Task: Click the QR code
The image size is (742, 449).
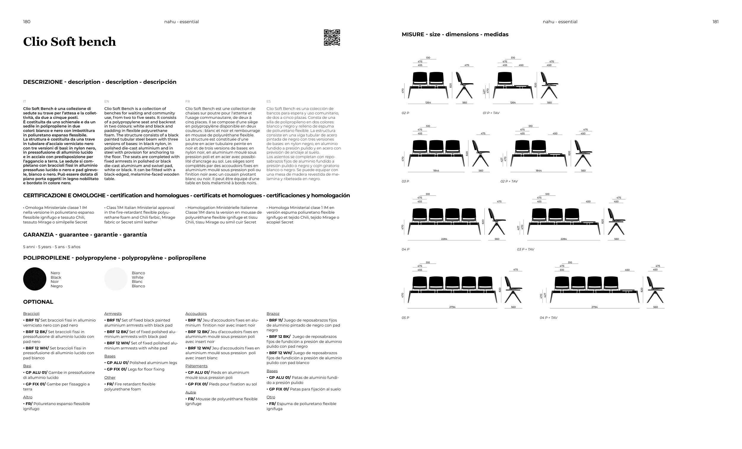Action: [332, 37]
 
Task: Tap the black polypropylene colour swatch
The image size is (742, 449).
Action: [35, 279]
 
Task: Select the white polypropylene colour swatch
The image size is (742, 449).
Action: [116, 279]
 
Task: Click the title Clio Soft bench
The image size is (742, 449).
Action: [69, 42]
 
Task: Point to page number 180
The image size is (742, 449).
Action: [26, 22]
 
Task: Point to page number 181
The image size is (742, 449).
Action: [716, 22]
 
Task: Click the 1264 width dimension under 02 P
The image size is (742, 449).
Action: [428, 103]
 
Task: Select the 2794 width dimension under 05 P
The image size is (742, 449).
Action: [452, 307]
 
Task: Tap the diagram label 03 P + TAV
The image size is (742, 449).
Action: [525, 249]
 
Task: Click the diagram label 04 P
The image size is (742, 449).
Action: [405, 249]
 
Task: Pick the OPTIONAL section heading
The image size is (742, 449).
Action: [38, 302]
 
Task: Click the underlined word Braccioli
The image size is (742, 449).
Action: [31, 313]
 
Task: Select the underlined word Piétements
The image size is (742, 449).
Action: [196, 366]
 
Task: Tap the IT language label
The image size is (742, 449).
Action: [25, 101]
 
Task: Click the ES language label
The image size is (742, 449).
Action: [269, 101]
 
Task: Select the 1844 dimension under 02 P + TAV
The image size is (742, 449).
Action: [539, 171]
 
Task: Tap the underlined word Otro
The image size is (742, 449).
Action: [271, 397]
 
